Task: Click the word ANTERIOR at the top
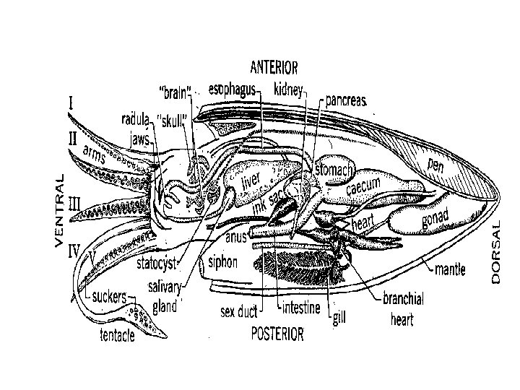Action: tap(274, 68)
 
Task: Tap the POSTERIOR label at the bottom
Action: tap(277, 334)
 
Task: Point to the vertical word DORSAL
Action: tap(497, 252)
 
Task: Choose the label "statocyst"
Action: tap(157, 263)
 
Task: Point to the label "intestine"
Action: tap(300, 308)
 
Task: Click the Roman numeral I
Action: tap(71, 103)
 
